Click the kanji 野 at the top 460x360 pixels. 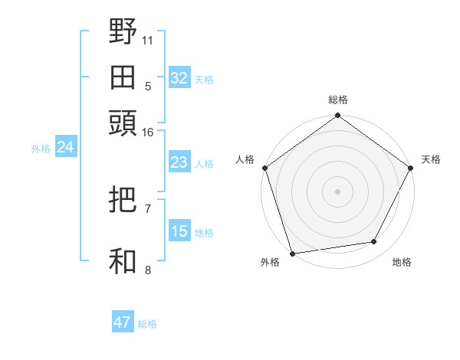[123, 33]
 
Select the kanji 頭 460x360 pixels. [123, 123]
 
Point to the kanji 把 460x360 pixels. [123, 201]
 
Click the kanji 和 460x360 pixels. [123, 261]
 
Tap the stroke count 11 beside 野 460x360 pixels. [148, 40]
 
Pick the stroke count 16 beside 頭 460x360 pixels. [148, 133]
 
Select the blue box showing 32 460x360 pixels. [179, 78]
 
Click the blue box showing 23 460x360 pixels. [179, 162]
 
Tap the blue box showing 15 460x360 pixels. [179, 231]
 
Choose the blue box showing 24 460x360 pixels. [65, 148]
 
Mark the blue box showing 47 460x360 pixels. [123, 322]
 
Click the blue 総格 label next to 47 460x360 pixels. [147, 324]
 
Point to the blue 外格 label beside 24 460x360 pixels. [41, 149]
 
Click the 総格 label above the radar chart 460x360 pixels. [338, 100]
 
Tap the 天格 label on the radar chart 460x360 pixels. [431, 160]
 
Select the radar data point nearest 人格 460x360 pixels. [265, 168]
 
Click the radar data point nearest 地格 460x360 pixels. [374, 242]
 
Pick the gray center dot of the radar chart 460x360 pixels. [338, 191]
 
